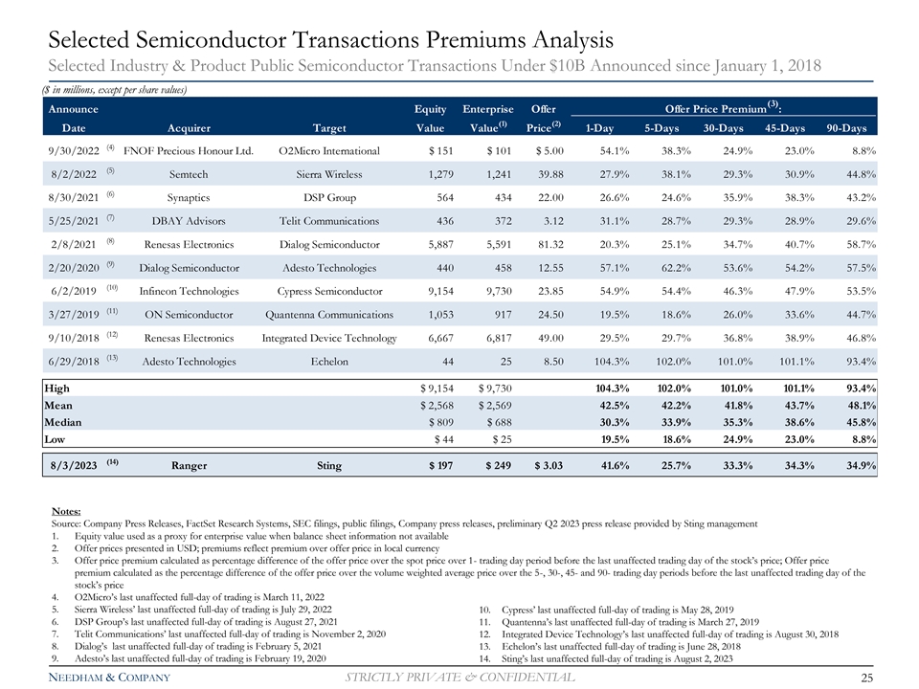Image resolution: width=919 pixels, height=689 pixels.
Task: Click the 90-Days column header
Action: tap(846, 128)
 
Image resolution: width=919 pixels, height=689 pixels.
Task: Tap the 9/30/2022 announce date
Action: tap(73, 151)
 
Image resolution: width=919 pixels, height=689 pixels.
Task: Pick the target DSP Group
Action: tap(328, 197)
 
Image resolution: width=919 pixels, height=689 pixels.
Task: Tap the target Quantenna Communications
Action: tap(328, 314)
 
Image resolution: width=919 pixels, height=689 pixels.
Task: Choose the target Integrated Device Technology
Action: tap(328, 338)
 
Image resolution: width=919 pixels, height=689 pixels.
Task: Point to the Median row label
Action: tap(63, 422)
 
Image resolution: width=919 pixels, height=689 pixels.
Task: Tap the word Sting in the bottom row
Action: tap(328, 467)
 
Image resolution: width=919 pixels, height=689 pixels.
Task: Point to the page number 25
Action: tap(869, 678)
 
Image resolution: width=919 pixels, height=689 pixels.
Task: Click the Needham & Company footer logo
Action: tap(103, 678)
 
